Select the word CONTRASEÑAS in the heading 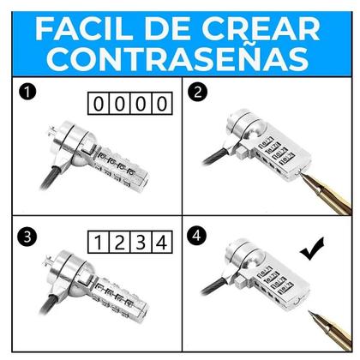(177, 58)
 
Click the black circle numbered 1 (27, 93)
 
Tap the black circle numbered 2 (198, 93)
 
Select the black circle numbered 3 (27, 237)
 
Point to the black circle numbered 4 (197, 237)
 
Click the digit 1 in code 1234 (98, 243)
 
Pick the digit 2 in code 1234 (119, 243)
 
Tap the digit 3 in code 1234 (141, 243)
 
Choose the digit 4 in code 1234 (162, 243)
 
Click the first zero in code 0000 (99, 104)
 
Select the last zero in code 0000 (162, 104)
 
